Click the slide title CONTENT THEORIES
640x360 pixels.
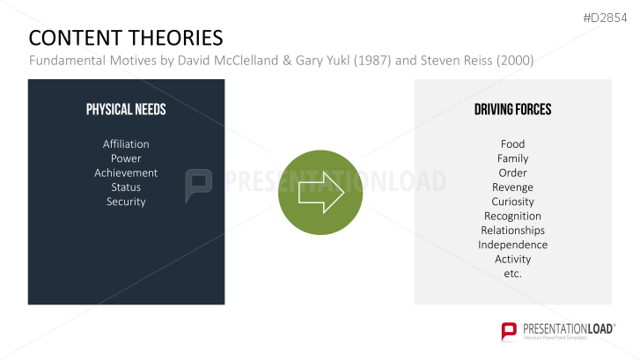[126, 38]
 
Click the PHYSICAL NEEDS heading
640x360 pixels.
[126, 110]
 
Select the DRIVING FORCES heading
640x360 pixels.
[512, 110]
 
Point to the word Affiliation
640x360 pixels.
[126, 143]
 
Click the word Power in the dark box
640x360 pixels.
[126, 158]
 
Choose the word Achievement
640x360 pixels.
[126, 173]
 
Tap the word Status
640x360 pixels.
[126, 187]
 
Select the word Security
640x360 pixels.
[126, 202]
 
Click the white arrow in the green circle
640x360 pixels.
[320, 192]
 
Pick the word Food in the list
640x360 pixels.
[512, 143]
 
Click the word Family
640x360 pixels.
[512, 158]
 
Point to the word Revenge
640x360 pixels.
[512, 187]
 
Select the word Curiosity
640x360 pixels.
[512, 202]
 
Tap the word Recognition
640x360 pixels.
[512, 216]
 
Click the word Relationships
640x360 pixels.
[512, 230]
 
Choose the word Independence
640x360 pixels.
[512, 245]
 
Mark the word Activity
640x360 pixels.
[512, 259]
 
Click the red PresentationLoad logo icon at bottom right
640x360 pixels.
[509, 331]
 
